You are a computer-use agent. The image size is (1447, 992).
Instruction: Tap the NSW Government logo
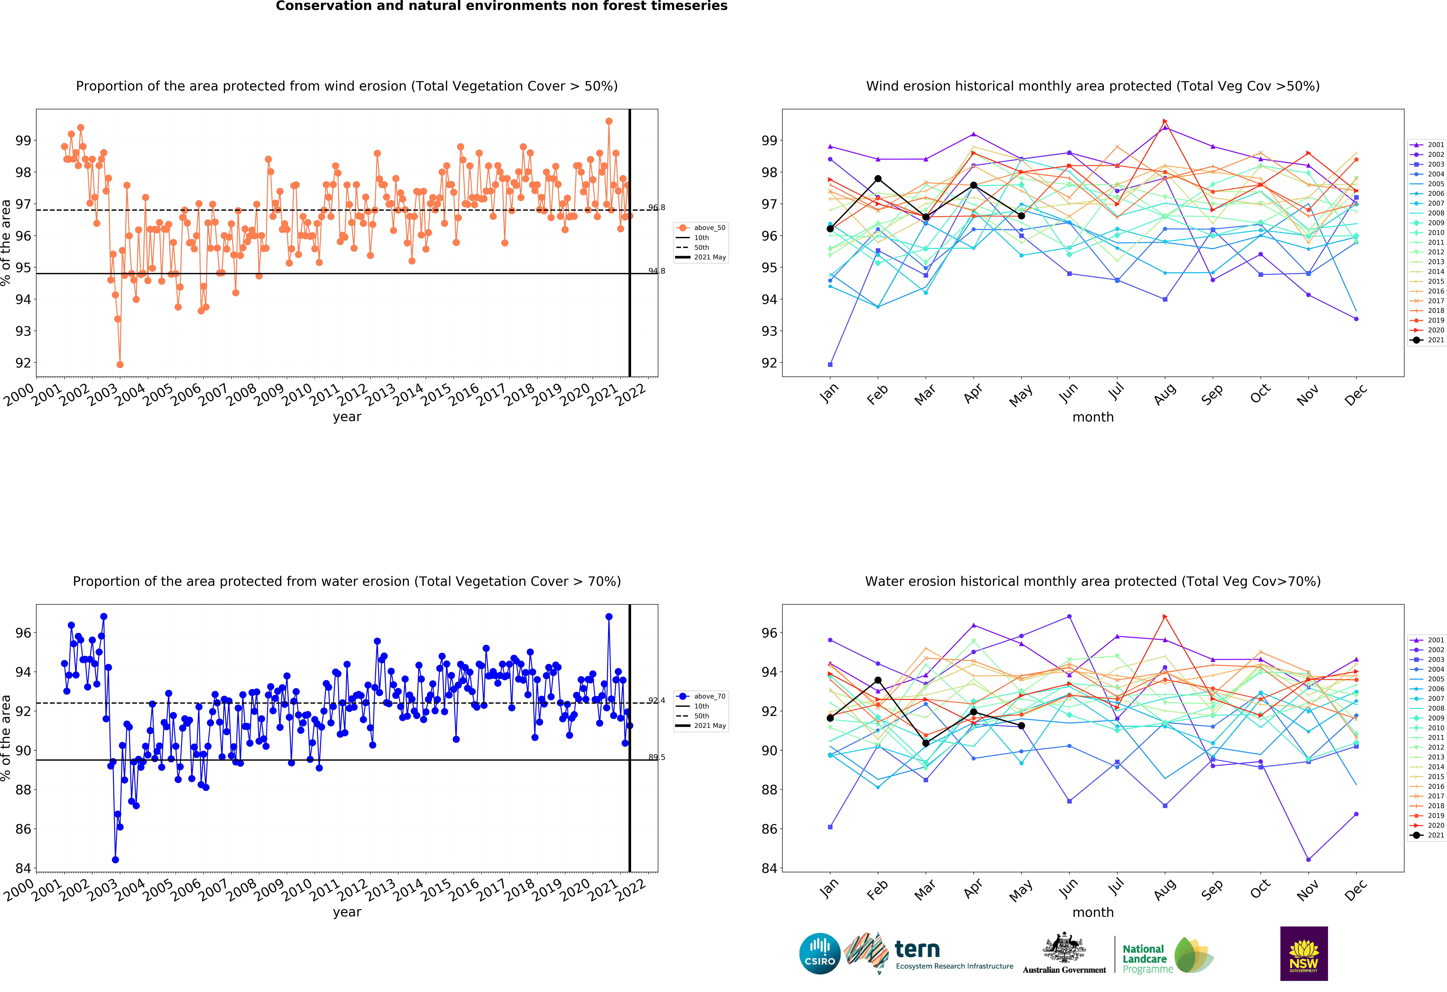[1304, 953]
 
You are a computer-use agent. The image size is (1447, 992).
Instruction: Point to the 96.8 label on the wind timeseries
[656, 207]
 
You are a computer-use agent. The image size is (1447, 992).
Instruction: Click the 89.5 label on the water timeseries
[656, 757]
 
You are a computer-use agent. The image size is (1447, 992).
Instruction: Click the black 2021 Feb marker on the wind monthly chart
[878, 179]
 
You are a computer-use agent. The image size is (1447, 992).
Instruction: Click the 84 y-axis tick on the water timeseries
[23, 868]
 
